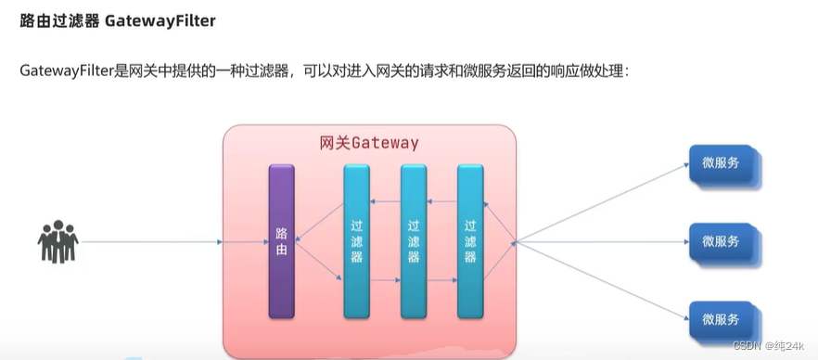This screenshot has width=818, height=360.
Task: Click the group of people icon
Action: click(58, 242)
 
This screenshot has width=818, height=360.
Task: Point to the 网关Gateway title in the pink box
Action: click(368, 144)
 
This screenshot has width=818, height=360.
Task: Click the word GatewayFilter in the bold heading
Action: click(164, 21)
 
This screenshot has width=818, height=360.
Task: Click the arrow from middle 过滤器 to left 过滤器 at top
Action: click(386, 201)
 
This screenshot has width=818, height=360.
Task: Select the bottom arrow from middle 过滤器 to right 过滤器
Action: click(442, 277)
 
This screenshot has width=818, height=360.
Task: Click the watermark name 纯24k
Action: click(788, 345)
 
